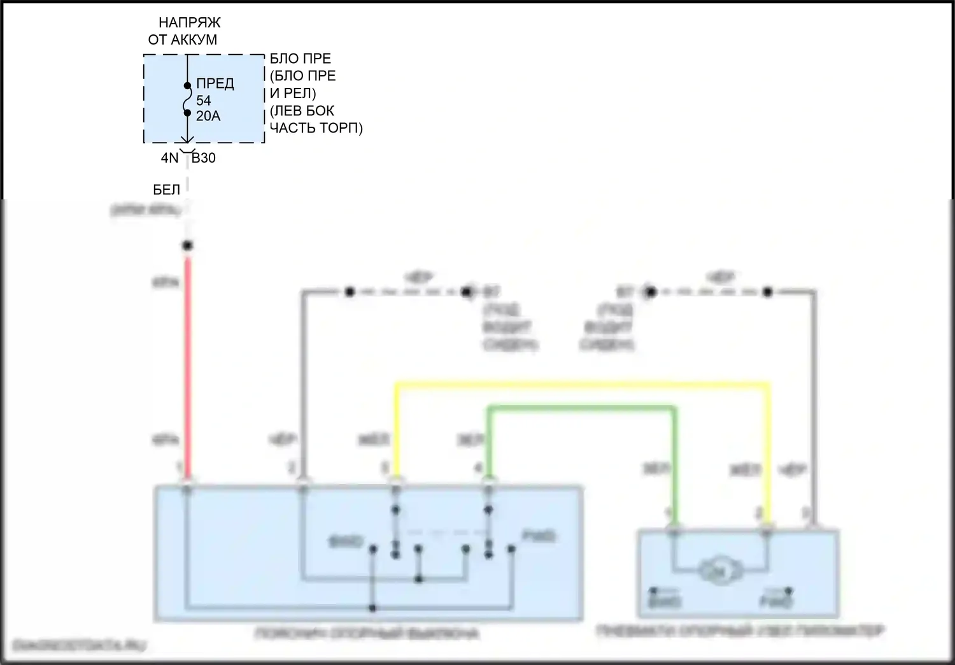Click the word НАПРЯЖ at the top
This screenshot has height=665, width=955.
189,22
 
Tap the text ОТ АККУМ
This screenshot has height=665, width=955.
183,39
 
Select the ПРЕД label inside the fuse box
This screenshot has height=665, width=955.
215,83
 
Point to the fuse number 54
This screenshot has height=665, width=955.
203,101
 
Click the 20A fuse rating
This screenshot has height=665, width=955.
208,116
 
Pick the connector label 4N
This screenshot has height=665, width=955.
169,158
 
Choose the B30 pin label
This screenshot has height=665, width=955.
204,158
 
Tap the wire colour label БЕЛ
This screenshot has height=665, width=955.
167,190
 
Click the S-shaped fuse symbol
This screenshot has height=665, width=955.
187,99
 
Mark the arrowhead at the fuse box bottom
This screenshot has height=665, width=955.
187,141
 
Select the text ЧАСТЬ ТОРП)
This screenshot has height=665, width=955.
316,128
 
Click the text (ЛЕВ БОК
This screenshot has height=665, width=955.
302,111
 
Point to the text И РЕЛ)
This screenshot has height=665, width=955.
293,93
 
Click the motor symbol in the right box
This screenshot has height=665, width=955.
717,571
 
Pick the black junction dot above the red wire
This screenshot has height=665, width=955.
187,245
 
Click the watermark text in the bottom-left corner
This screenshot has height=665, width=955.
80,646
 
